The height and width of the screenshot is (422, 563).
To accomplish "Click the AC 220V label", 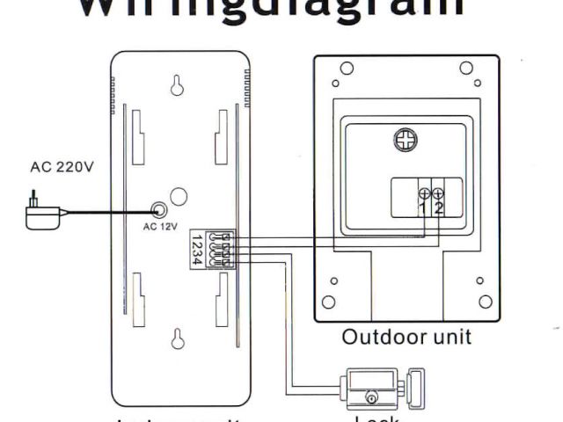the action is [x=61, y=168].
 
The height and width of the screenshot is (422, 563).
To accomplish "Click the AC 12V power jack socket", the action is [x=159, y=210].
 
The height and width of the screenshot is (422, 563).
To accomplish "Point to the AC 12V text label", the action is [x=160, y=226].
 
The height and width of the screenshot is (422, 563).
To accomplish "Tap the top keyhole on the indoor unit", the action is [x=177, y=85].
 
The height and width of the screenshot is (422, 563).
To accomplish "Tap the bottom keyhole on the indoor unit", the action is [x=177, y=337].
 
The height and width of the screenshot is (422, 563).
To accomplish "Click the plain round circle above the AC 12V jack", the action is [x=178, y=196].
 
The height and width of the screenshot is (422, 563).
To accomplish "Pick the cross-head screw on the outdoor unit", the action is [x=406, y=139].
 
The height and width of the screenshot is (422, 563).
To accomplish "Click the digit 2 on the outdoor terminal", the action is [x=437, y=207].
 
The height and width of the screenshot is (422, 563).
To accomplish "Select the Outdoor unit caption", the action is [x=406, y=337].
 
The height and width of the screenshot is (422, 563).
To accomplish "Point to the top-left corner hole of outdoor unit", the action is [x=347, y=69].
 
